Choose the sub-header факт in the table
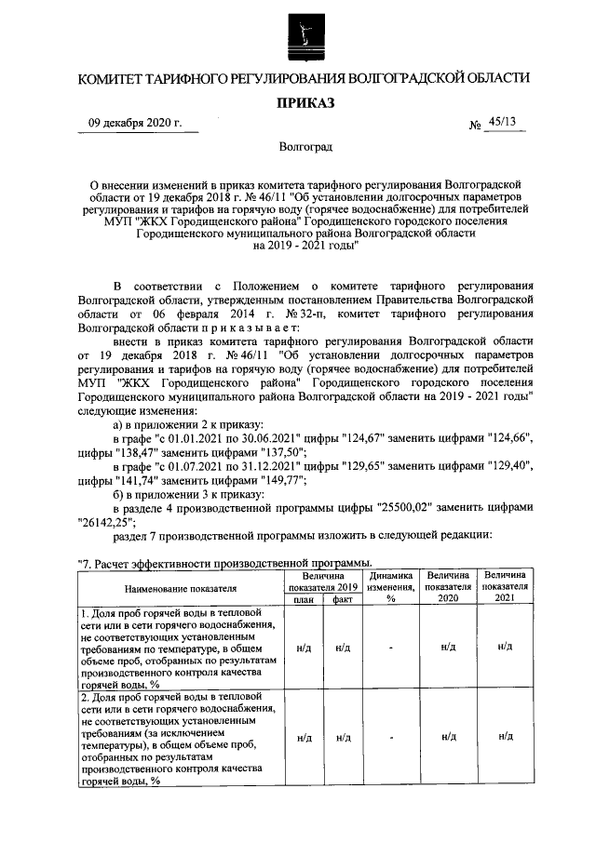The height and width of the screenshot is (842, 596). [342, 599]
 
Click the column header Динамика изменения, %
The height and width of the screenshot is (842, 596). [391, 588]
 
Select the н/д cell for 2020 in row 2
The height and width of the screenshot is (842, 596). [448, 737]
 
